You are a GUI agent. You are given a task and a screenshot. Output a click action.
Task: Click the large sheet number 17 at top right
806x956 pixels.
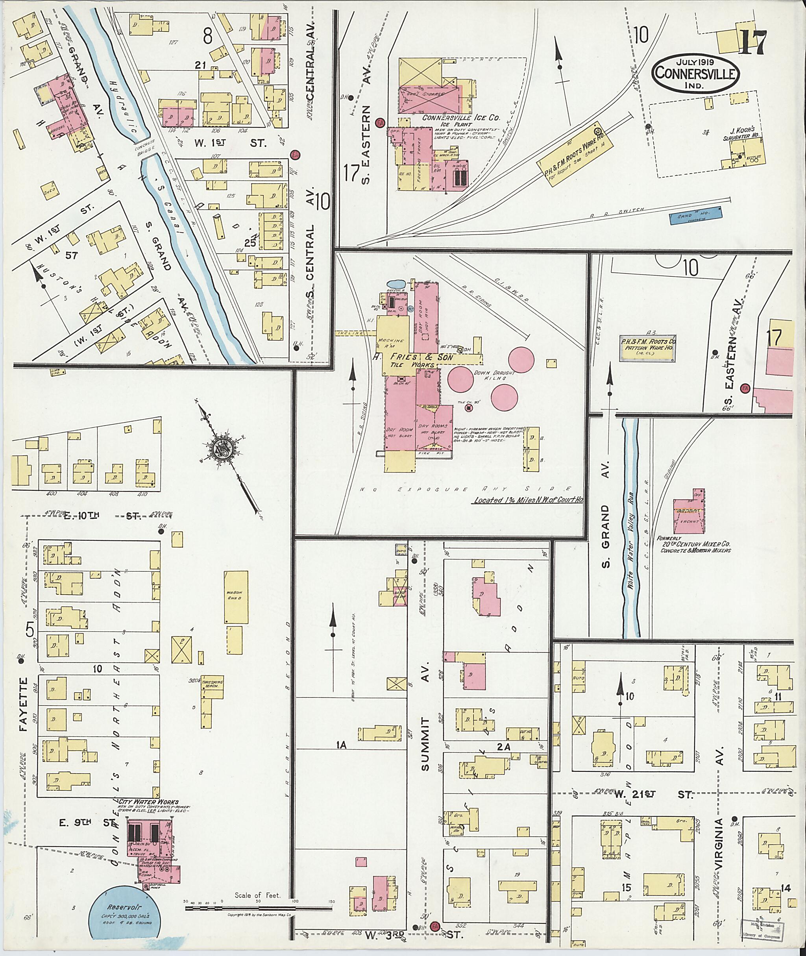[x=752, y=42]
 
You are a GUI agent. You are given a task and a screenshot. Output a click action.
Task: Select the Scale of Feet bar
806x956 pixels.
[x=259, y=908]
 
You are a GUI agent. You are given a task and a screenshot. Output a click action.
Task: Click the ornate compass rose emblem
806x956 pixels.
[x=224, y=450]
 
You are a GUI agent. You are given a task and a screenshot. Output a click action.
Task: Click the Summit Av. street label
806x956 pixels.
[x=425, y=744]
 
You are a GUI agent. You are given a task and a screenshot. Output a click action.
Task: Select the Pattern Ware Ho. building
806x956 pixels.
[x=647, y=351]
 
